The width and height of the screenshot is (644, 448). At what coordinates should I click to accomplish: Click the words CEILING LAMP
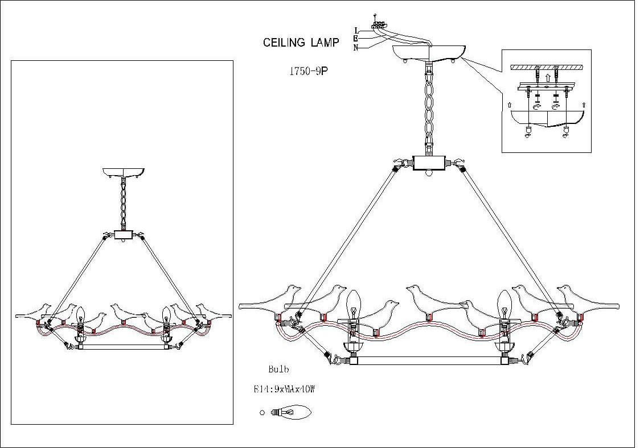coord(301,42)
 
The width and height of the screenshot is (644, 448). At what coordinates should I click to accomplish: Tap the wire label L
coord(356,30)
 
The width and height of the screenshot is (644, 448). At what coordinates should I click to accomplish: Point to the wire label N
coord(356,48)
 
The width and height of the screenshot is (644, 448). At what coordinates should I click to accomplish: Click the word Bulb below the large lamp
coord(278,370)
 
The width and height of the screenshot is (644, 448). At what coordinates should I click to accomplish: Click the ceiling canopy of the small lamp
coord(123,172)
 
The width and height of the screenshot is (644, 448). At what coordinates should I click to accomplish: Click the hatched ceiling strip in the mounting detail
coord(547,67)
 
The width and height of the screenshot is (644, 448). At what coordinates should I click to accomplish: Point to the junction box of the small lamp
coord(123,234)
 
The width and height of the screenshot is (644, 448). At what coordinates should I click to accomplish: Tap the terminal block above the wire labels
coord(377,25)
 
